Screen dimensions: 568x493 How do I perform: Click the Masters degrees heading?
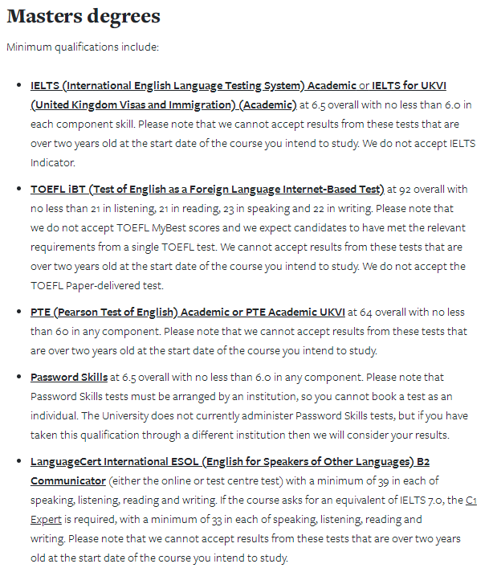pyautogui.click(x=84, y=16)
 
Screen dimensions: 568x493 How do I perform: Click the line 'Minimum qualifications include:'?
pyautogui.click(x=83, y=47)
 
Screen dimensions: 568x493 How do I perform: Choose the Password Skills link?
pyautogui.click(x=69, y=377)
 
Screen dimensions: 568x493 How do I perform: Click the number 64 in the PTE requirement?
pyautogui.click(x=370, y=312)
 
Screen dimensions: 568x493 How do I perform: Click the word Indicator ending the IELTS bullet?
pyautogui.click(x=53, y=162)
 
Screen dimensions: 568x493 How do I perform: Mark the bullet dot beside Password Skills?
pyautogui.click(x=19, y=377)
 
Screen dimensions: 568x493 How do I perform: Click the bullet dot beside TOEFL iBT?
pyautogui.click(x=19, y=190)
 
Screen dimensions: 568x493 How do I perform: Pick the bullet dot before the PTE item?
pyautogui.click(x=19, y=312)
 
